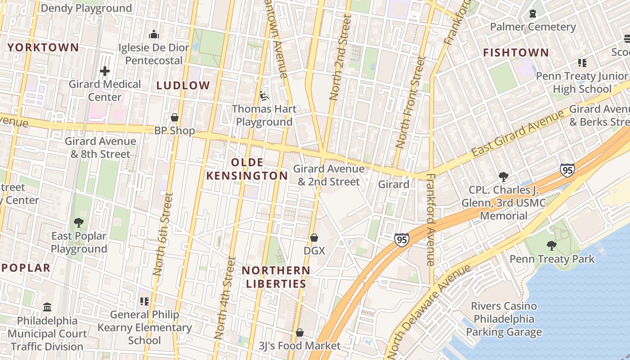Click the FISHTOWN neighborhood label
point(516,53)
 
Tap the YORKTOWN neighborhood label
point(43,47)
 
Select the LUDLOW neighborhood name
point(183,85)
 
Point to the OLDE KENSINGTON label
point(247,169)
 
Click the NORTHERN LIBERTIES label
point(275,277)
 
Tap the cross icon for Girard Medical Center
point(105,71)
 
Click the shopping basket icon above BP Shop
point(175,118)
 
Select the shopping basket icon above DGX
point(314,238)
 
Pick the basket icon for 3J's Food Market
point(299,333)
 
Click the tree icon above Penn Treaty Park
point(552,246)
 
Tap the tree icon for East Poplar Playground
point(79,222)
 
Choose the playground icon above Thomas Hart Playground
point(264,96)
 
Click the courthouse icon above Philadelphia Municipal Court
point(47,307)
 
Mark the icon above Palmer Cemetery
point(533,13)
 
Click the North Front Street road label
point(410,102)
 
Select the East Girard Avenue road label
point(517,133)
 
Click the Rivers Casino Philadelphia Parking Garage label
point(504,319)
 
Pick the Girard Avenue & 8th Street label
point(100,148)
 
